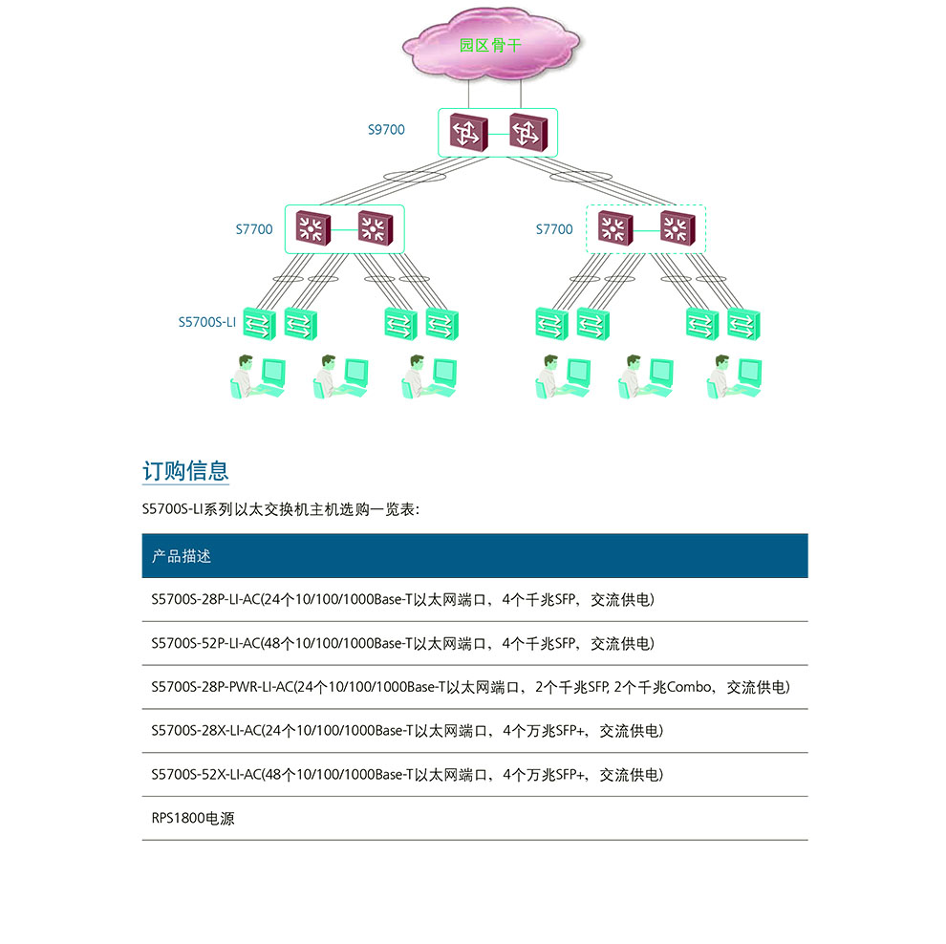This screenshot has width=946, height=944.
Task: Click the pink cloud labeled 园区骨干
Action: tap(491, 46)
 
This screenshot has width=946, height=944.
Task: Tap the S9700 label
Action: tap(386, 129)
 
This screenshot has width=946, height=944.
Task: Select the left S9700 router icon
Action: tap(468, 132)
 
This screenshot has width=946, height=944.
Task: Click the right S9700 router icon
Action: tap(527, 132)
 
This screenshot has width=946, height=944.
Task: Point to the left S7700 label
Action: tap(254, 229)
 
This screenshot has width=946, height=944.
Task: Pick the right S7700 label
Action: tap(554, 229)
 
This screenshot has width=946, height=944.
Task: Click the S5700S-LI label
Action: tap(206, 322)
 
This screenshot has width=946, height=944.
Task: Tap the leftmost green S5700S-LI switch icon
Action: tap(258, 324)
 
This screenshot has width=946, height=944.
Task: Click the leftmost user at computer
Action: tap(258, 376)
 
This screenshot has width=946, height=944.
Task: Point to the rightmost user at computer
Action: tap(735, 376)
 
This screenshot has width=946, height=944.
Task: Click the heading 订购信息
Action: tap(185, 471)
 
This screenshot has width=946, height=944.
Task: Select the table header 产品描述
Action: tap(182, 556)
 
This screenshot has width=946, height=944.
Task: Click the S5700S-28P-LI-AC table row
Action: tap(402, 600)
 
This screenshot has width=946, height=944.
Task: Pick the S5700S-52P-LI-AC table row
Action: tap(402, 644)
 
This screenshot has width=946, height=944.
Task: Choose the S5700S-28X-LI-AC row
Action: tap(407, 731)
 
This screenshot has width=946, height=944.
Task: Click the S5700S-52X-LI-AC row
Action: tap(407, 775)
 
